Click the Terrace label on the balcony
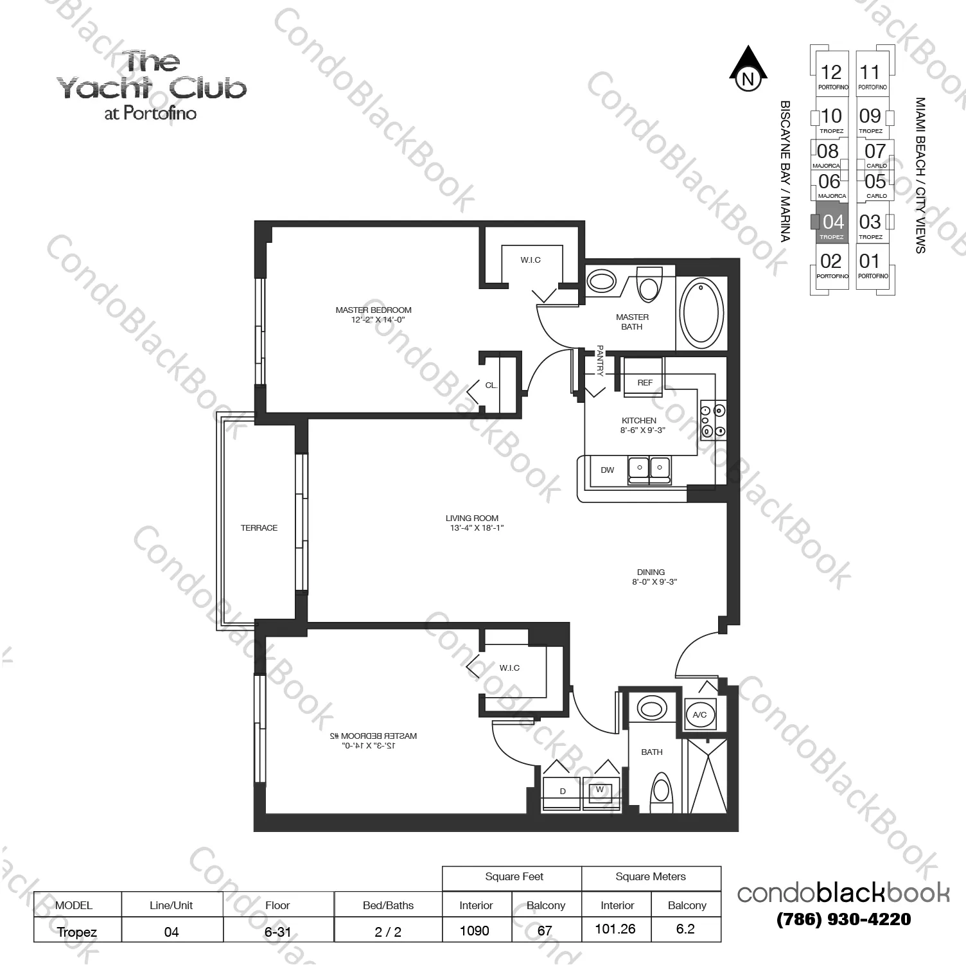pyautogui.click(x=259, y=527)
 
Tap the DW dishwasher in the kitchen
pyautogui.click(x=607, y=470)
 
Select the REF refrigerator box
pyautogui.click(x=644, y=383)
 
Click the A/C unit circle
pyautogui.click(x=699, y=714)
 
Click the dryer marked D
pyautogui.click(x=562, y=792)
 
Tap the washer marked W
pyautogui.click(x=600, y=790)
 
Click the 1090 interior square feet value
pyautogui.click(x=475, y=930)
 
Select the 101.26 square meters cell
pyautogui.click(x=615, y=929)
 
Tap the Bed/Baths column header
pyautogui.click(x=387, y=905)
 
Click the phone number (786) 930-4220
pyautogui.click(x=843, y=919)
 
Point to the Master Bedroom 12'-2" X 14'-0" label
pyautogui.click(x=373, y=314)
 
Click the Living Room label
pyautogui.click(x=472, y=522)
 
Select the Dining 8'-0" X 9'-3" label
pyautogui.click(x=651, y=576)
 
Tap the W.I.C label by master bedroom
pyautogui.click(x=531, y=260)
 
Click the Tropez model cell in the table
pyautogui.click(x=76, y=932)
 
